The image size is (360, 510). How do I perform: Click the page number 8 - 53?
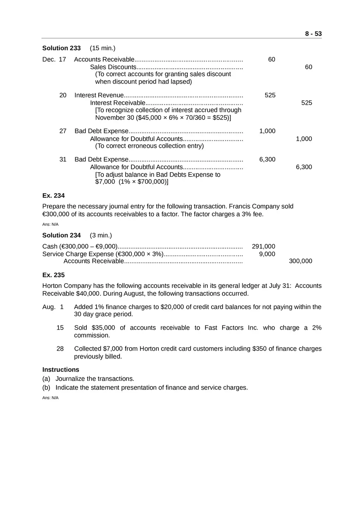313,34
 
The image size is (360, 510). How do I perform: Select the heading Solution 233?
61,48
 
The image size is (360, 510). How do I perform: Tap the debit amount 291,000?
263,247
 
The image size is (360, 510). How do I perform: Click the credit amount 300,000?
300,261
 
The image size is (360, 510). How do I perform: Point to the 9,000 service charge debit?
267,254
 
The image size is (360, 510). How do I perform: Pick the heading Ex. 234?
54,196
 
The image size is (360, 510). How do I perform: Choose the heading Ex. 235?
54,275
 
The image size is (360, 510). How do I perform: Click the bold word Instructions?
61,370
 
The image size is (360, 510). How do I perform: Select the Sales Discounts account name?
113,67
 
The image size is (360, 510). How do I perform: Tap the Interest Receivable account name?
117,103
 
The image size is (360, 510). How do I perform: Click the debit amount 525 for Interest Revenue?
270,95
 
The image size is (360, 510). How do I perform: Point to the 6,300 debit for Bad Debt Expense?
267,160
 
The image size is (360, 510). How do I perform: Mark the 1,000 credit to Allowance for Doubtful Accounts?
304,139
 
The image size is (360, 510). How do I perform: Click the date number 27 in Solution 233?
63,131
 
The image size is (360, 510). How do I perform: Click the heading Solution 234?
61,236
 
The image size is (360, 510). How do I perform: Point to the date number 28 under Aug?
60,349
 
